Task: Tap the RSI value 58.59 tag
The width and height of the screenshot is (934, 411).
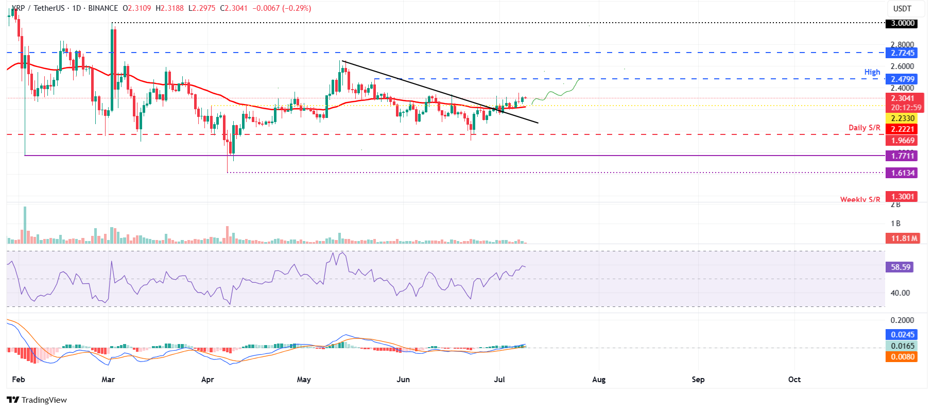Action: (x=901, y=267)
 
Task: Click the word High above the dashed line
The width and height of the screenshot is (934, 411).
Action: (x=872, y=72)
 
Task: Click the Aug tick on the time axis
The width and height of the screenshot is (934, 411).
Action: (x=599, y=380)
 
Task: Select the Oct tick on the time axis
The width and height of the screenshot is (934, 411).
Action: (x=794, y=380)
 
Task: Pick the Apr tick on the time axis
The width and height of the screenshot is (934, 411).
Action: (x=207, y=380)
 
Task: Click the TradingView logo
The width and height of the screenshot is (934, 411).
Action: (x=37, y=400)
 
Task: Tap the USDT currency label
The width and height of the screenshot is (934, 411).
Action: (x=902, y=9)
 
